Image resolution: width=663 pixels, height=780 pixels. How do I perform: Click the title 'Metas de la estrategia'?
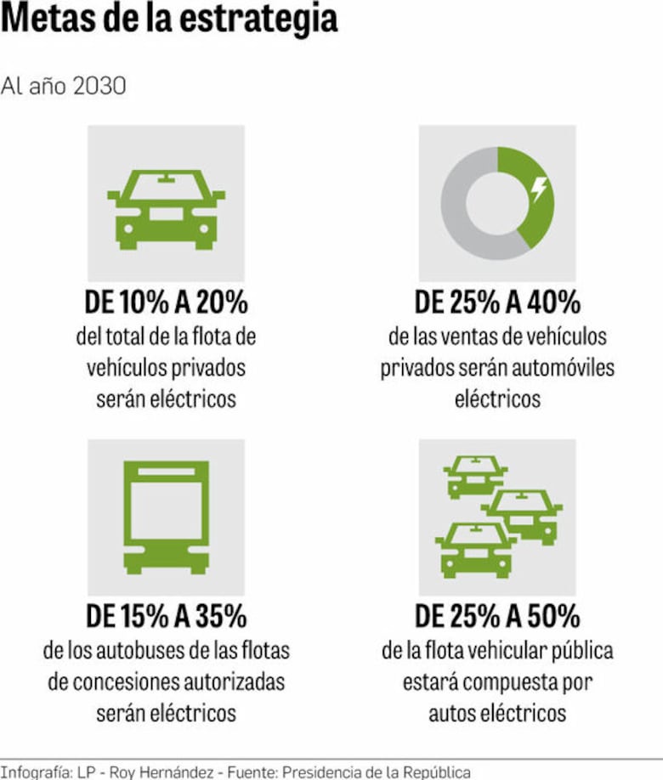point(169,20)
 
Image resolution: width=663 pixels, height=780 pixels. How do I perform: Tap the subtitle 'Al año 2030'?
point(64,87)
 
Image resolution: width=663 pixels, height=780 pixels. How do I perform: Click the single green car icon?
point(166,208)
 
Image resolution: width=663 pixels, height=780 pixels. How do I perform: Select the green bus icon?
point(166,517)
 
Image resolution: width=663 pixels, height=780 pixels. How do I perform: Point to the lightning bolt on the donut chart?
point(538,189)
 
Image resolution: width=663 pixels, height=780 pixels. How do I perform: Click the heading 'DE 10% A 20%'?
point(166,302)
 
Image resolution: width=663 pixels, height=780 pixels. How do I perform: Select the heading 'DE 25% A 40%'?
point(497,302)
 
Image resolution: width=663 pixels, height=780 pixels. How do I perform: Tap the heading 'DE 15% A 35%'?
point(166,615)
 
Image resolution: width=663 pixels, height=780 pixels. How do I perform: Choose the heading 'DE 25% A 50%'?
point(497,615)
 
